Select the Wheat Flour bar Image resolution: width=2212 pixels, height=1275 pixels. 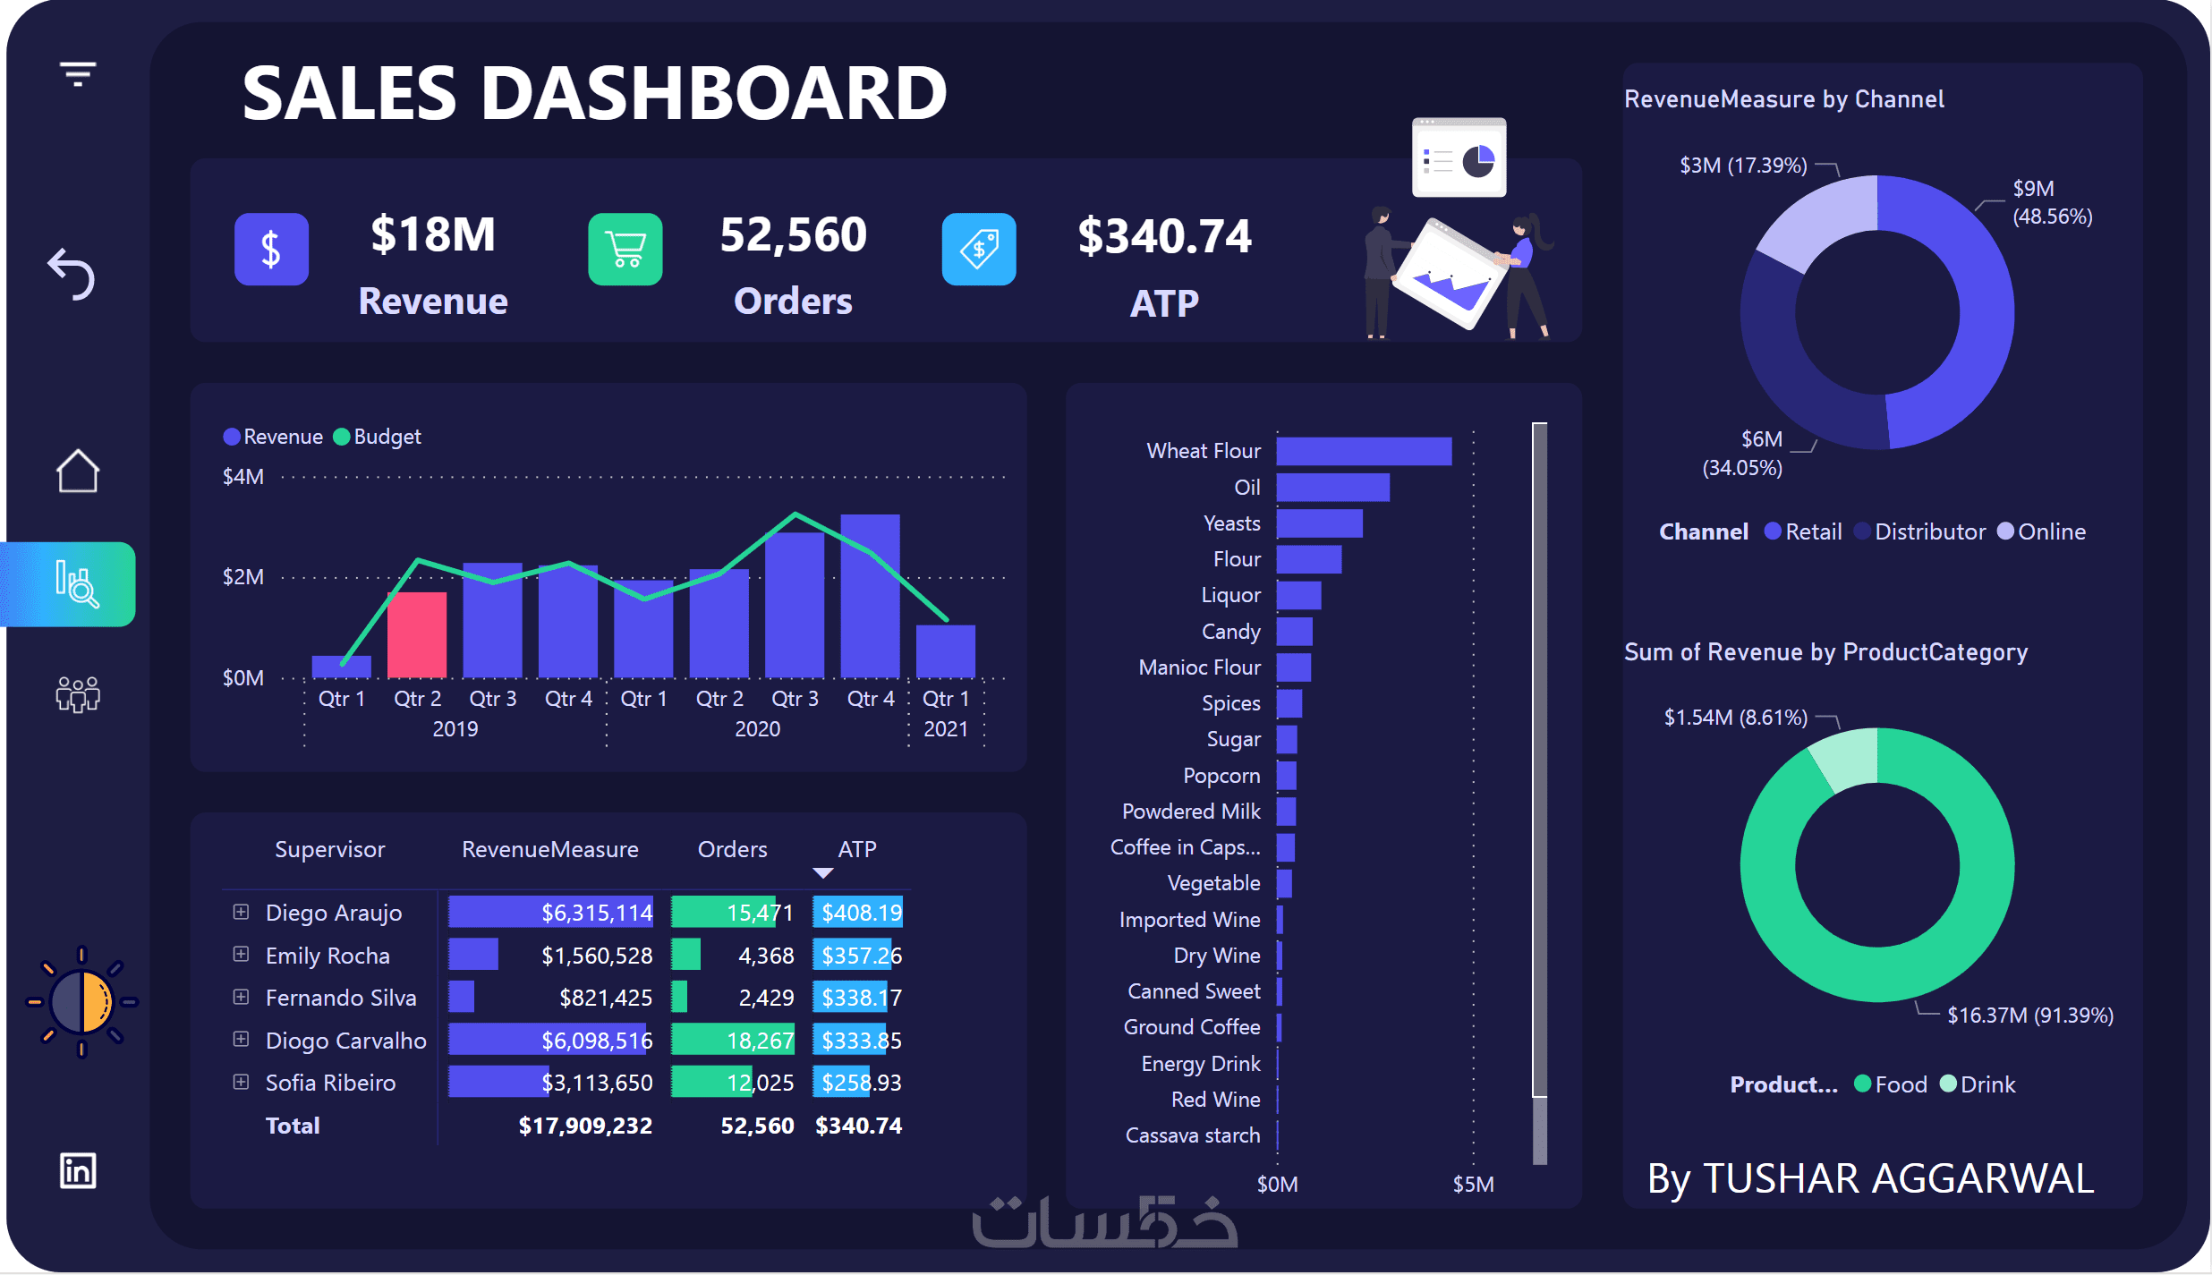[x=1363, y=451]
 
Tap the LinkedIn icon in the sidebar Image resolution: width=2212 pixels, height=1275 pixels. [x=78, y=1170]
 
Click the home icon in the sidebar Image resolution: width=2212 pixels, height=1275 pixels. [x=78, y=471]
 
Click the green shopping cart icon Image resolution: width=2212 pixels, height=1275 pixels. [x=625, y=249]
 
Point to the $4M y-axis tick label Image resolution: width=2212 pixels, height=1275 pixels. [x=243, y=477]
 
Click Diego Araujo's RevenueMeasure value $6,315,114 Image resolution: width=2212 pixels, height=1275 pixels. [x=597, y=913]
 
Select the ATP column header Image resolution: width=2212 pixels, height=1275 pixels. [x=856, y=849]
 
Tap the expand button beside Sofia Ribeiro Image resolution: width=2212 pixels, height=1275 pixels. [x=241, y=1083]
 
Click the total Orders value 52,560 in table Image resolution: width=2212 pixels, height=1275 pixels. [x=757, y=1126]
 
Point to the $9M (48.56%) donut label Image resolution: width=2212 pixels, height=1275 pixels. [x=2051, y=202]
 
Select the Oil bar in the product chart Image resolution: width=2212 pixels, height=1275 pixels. [x=1332, y=488]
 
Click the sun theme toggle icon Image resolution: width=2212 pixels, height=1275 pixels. [x=81, y=1002]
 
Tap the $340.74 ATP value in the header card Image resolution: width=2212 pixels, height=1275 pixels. [x=1164, y=236]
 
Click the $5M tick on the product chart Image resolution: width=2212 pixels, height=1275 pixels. [x=1473, y=1185]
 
